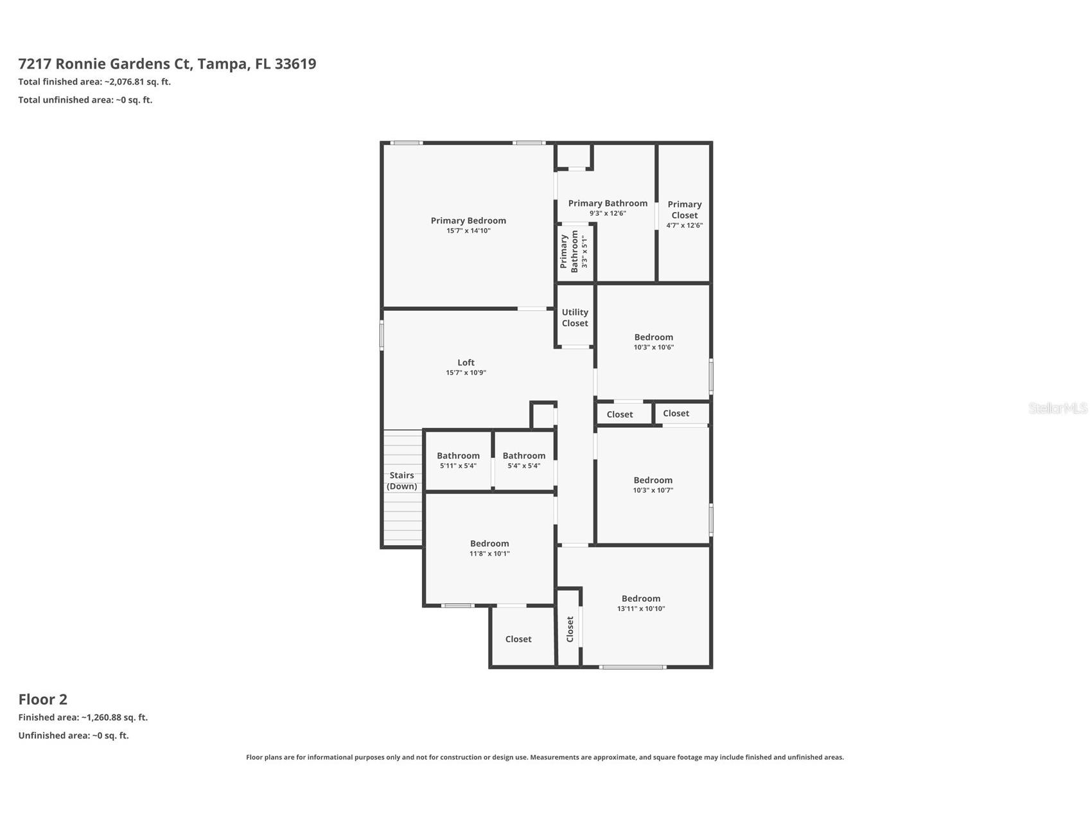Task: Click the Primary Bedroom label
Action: click(468, 221)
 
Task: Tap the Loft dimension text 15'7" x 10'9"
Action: click(466, 373)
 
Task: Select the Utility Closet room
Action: click(574, 318)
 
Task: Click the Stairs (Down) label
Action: click(402, 480)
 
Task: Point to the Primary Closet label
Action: click(684, 209)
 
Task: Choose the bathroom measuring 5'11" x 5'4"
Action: click(458, 460)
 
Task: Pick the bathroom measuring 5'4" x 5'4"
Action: click(523, 460)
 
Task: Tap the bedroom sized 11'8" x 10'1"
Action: click(489, 548)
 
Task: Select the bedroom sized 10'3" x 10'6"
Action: click(653, 341)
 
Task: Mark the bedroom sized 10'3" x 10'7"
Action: click(653, 484)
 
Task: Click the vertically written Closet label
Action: click(570, 629)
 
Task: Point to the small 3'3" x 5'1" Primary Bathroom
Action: click(574, 252)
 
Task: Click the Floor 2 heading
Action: click(42, 699)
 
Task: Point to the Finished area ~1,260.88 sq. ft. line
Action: click(83, 717)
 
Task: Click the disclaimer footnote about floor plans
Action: click(545, 757)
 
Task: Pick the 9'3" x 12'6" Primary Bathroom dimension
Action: click(608, 213)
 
